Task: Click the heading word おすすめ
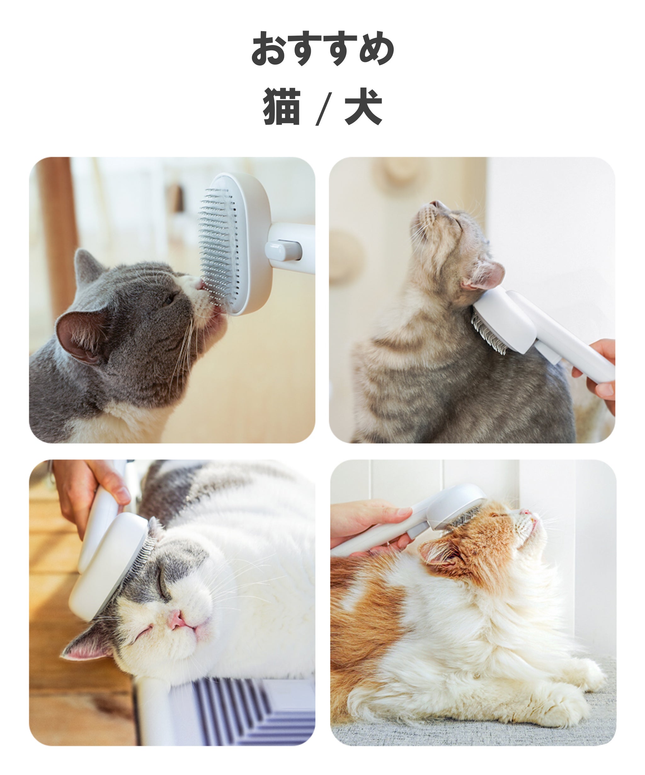[322, 48]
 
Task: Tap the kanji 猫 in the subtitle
[281, 107]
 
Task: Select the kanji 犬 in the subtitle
[363, 107]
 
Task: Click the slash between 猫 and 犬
[322, 109]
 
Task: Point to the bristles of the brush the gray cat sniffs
[218, 244]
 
